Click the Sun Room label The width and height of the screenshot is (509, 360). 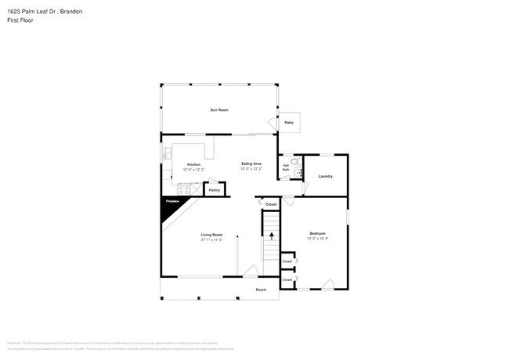coord(219,110)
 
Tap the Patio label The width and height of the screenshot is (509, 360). coord(289,123)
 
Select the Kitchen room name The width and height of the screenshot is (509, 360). coord(193,164)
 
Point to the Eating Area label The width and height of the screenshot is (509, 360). coord(251,164)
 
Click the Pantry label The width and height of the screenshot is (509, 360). coord(214,189)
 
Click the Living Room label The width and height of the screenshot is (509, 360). coord(211,235)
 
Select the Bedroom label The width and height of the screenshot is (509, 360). coord(317,233)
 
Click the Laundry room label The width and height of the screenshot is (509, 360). coord(326,176)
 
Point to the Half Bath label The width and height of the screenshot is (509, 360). coord(286,167)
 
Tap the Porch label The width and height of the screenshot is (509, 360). coord(261,290)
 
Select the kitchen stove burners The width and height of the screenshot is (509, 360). coord(183,189)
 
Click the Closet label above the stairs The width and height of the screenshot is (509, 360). coord(271,204)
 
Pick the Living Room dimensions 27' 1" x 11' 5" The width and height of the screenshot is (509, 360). coord(211,239)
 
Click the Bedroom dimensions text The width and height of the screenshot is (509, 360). coord(317,238)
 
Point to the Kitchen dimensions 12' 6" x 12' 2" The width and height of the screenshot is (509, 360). coord(193,169)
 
